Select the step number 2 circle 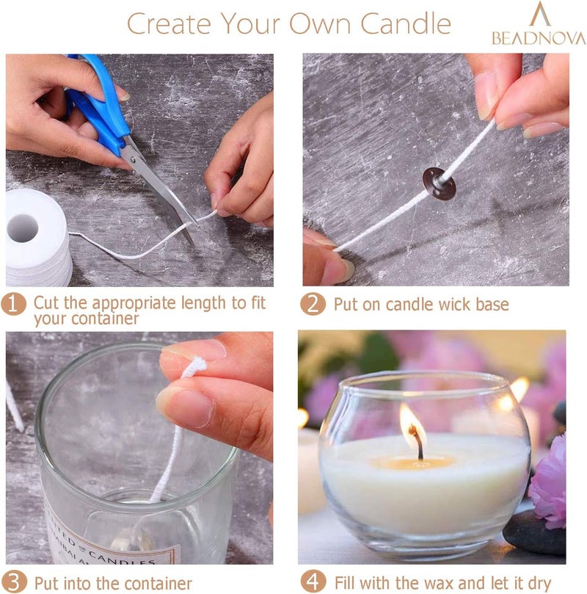tap(313, 304)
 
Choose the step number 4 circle tap(313, 583)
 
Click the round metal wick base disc tap(439, 183)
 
